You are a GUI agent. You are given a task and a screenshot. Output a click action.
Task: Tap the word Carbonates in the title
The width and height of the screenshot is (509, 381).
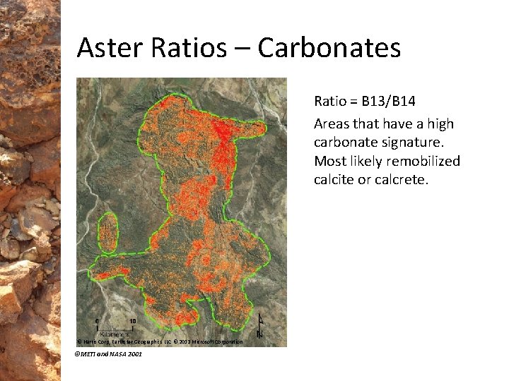pos(329,48)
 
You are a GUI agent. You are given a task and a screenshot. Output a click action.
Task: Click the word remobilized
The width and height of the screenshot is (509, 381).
pos(421,162)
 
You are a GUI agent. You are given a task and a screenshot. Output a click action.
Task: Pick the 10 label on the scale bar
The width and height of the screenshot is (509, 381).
pos(132,321)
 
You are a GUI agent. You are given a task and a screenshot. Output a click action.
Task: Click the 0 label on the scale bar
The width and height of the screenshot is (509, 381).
pos(96,321)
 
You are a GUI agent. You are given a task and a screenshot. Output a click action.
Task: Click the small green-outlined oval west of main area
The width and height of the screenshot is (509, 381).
pos(107,232)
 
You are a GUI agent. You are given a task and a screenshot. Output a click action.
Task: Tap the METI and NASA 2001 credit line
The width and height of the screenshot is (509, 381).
pos(108,353)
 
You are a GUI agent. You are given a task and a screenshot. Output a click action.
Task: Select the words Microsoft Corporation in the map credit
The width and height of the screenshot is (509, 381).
pos(219,341)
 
